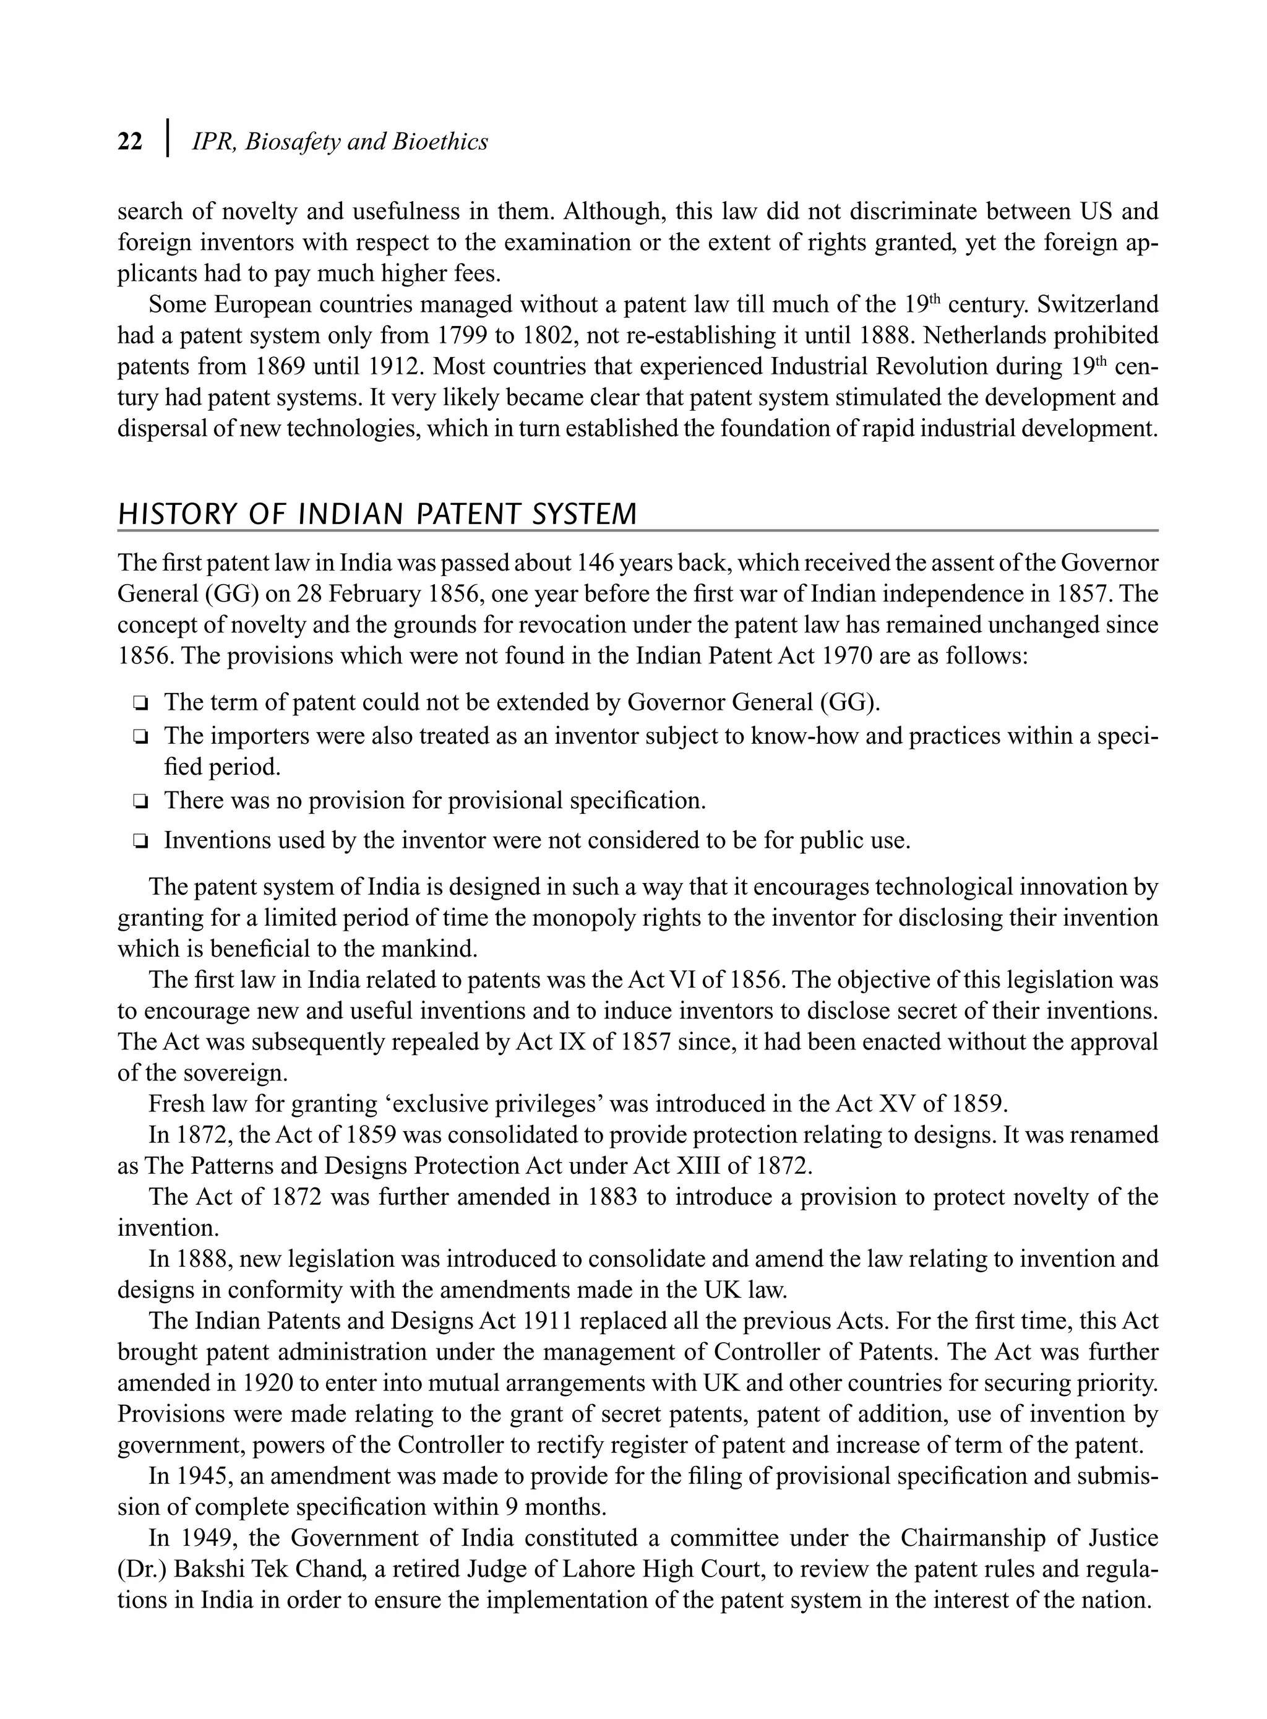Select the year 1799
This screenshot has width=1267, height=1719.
pos(462,336)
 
